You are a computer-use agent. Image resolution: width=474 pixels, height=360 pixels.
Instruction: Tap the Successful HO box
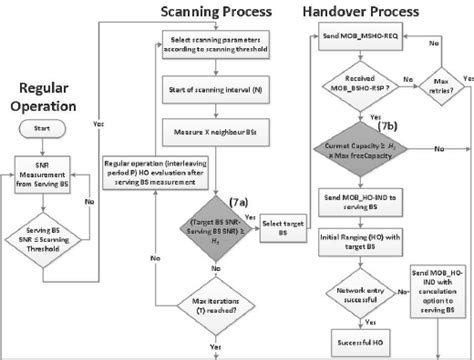pos(356,342)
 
